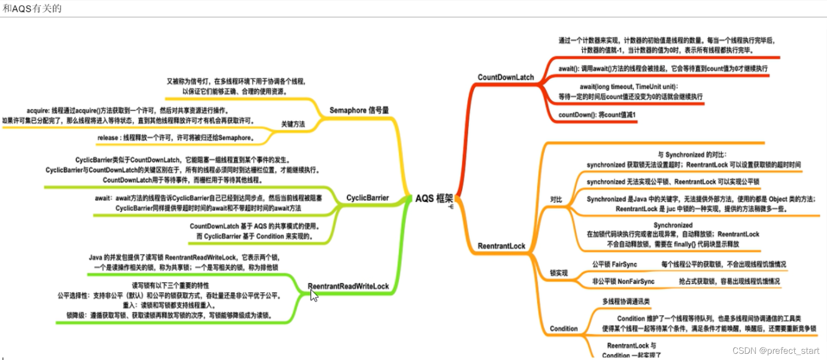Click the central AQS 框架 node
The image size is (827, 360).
[433, 198]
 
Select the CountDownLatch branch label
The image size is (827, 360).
[505, 77]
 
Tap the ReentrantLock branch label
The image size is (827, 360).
[501, 246]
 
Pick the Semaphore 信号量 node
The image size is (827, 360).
[359, 110]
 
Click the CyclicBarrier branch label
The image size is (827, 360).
[367, 198]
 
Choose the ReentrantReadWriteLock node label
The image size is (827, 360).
[348, 286]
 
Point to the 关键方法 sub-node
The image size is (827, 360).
[293, 124]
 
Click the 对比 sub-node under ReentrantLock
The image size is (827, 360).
[556, 200]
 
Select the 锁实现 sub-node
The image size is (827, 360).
[558, 273]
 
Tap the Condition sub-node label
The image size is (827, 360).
[563, 328]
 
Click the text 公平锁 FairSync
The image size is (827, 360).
[614, 265]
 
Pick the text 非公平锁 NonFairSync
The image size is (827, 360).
[623, 282]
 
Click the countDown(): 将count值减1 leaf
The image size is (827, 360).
[597, 115]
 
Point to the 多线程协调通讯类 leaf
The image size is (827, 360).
[626, 301]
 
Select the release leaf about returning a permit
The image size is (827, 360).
[176, 138]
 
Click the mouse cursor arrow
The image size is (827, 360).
[314, 296]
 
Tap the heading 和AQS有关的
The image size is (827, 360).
[32, 9]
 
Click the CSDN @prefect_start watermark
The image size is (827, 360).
[775, 350]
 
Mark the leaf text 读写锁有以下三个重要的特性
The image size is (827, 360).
[170, 286]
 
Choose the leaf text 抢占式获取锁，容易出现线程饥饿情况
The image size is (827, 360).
[729, 282]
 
